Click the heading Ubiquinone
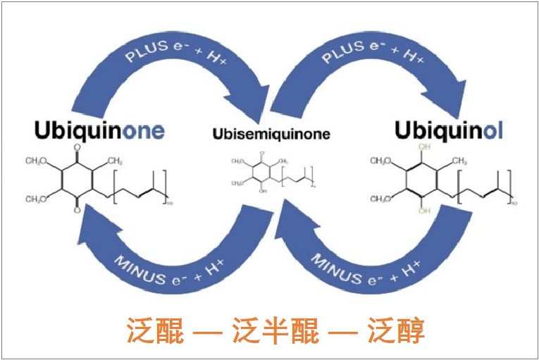(x=99, y=130)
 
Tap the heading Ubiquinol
(x=448, y=130)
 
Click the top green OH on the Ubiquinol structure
(x=423, y=147)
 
